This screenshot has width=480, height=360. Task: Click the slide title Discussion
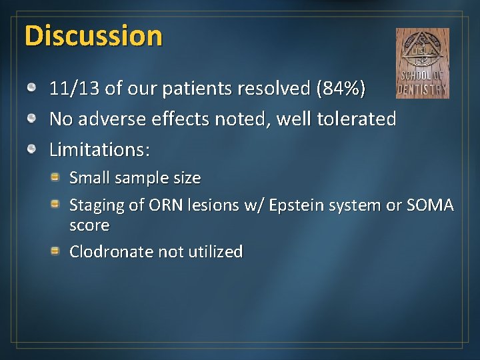point(93,36)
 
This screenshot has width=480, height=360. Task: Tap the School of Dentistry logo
point(422,63)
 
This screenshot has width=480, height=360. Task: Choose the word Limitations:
point(100,149)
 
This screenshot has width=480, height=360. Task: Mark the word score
point(89,225)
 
